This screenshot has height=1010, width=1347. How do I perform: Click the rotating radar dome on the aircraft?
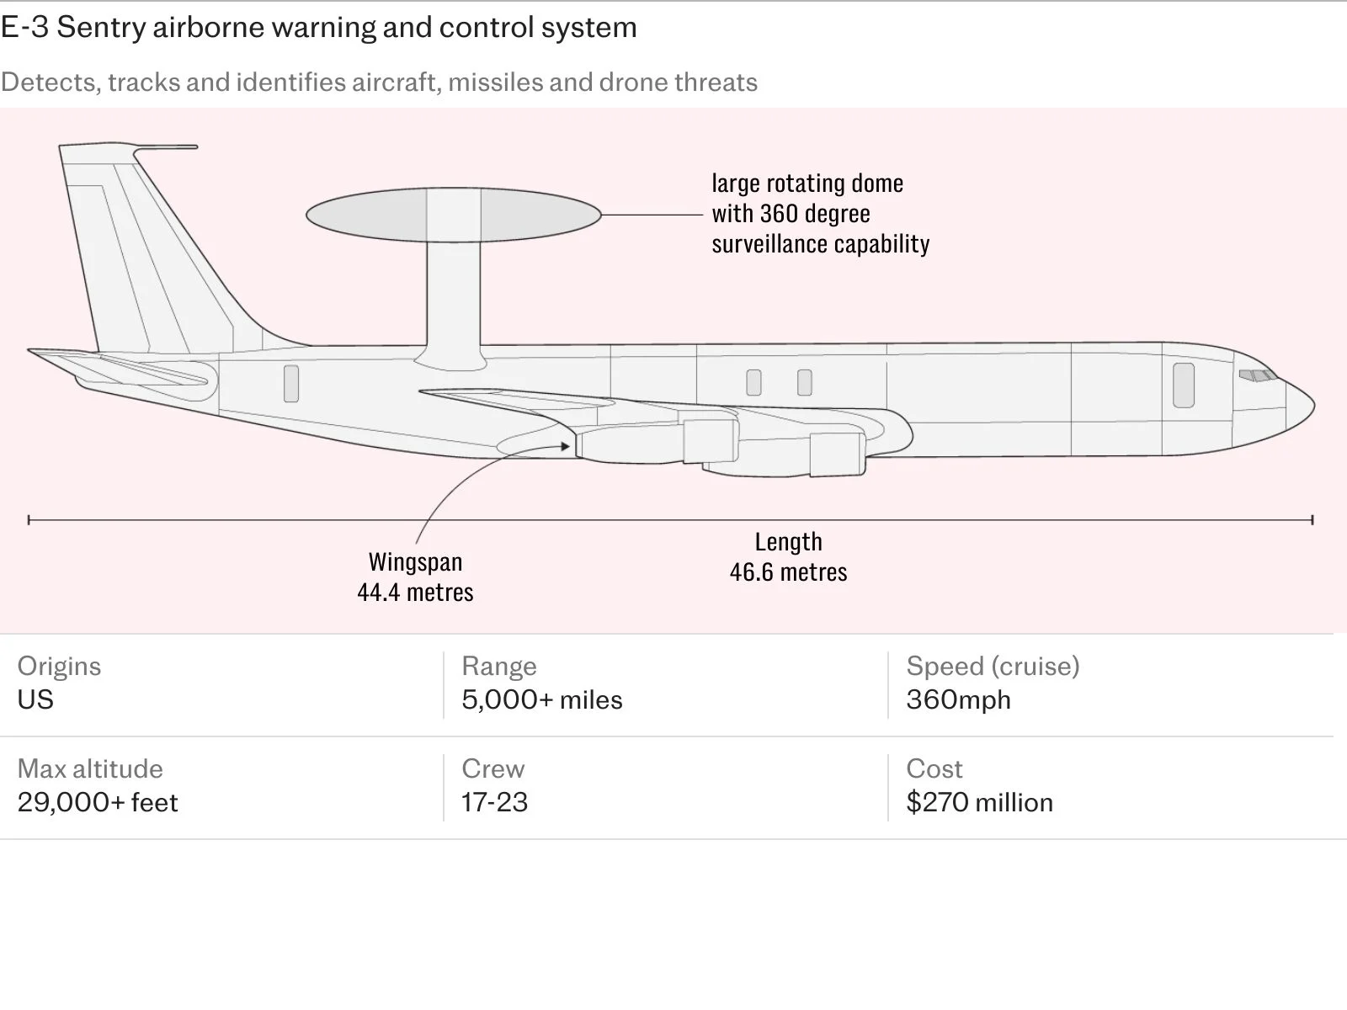click(454, 215)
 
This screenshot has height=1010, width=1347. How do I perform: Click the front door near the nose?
click(1183, 385)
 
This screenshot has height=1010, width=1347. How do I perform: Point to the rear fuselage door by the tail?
click(291, 383)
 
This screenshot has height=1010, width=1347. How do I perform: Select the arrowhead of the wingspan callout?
click(565, 446)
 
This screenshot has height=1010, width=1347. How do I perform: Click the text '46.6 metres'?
click(789, 572)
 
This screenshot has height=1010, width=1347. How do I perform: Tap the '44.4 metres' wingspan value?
click(415, 593)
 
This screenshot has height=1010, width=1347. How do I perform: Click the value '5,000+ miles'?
click(542, 699)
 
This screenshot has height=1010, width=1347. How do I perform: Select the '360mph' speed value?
click(959, 699)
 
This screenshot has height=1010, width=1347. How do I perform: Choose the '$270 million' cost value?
click(979, 802)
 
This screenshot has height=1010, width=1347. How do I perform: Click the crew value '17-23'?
click(495, 802)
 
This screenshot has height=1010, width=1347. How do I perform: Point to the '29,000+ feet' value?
click(98, 802)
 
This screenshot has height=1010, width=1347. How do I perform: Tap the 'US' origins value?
click(35, 699)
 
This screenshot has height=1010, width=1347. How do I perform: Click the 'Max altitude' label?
click(90, 768)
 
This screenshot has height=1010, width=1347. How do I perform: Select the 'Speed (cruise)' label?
click(993, 666)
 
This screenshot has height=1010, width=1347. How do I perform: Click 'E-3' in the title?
click(24, 27)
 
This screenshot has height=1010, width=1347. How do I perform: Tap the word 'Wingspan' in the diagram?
click(415, 562)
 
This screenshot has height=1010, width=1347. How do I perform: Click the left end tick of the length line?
click(29, 520)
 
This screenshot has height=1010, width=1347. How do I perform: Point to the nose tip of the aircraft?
click(1314, 405)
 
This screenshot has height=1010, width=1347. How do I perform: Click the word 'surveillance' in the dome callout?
click(769, 244)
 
